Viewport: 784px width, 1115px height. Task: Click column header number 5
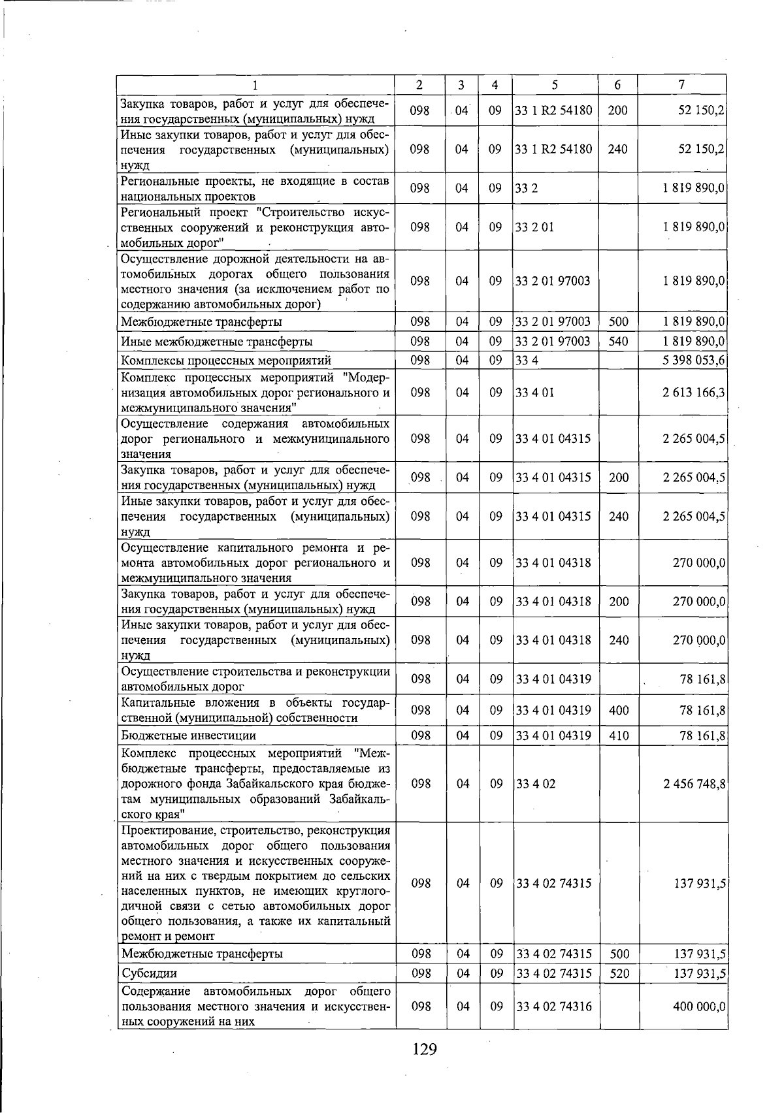pyautogui.click(x=555, y=85)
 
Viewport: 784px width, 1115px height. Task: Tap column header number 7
pyautogui.click(x=681, y=85)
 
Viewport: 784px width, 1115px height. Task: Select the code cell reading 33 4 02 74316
pyautogui.click(x=553, y=1007)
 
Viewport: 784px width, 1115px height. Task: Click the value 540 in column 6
pyautogui.click(x=617, y=341)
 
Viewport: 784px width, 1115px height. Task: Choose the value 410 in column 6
pyautogui.click(x=618, y=735)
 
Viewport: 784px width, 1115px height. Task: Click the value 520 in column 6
pyautogui.click(x=618, y=973)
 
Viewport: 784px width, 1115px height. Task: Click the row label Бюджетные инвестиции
pyautogui.click(x=188, y=735)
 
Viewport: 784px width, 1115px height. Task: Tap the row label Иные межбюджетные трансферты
pyautogui.click(x=216, y=342)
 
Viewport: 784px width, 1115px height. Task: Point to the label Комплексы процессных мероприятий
pyautogui.click(x=226, y=361)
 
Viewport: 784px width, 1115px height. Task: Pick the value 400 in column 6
pyautogui.click(x=618, y=710)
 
